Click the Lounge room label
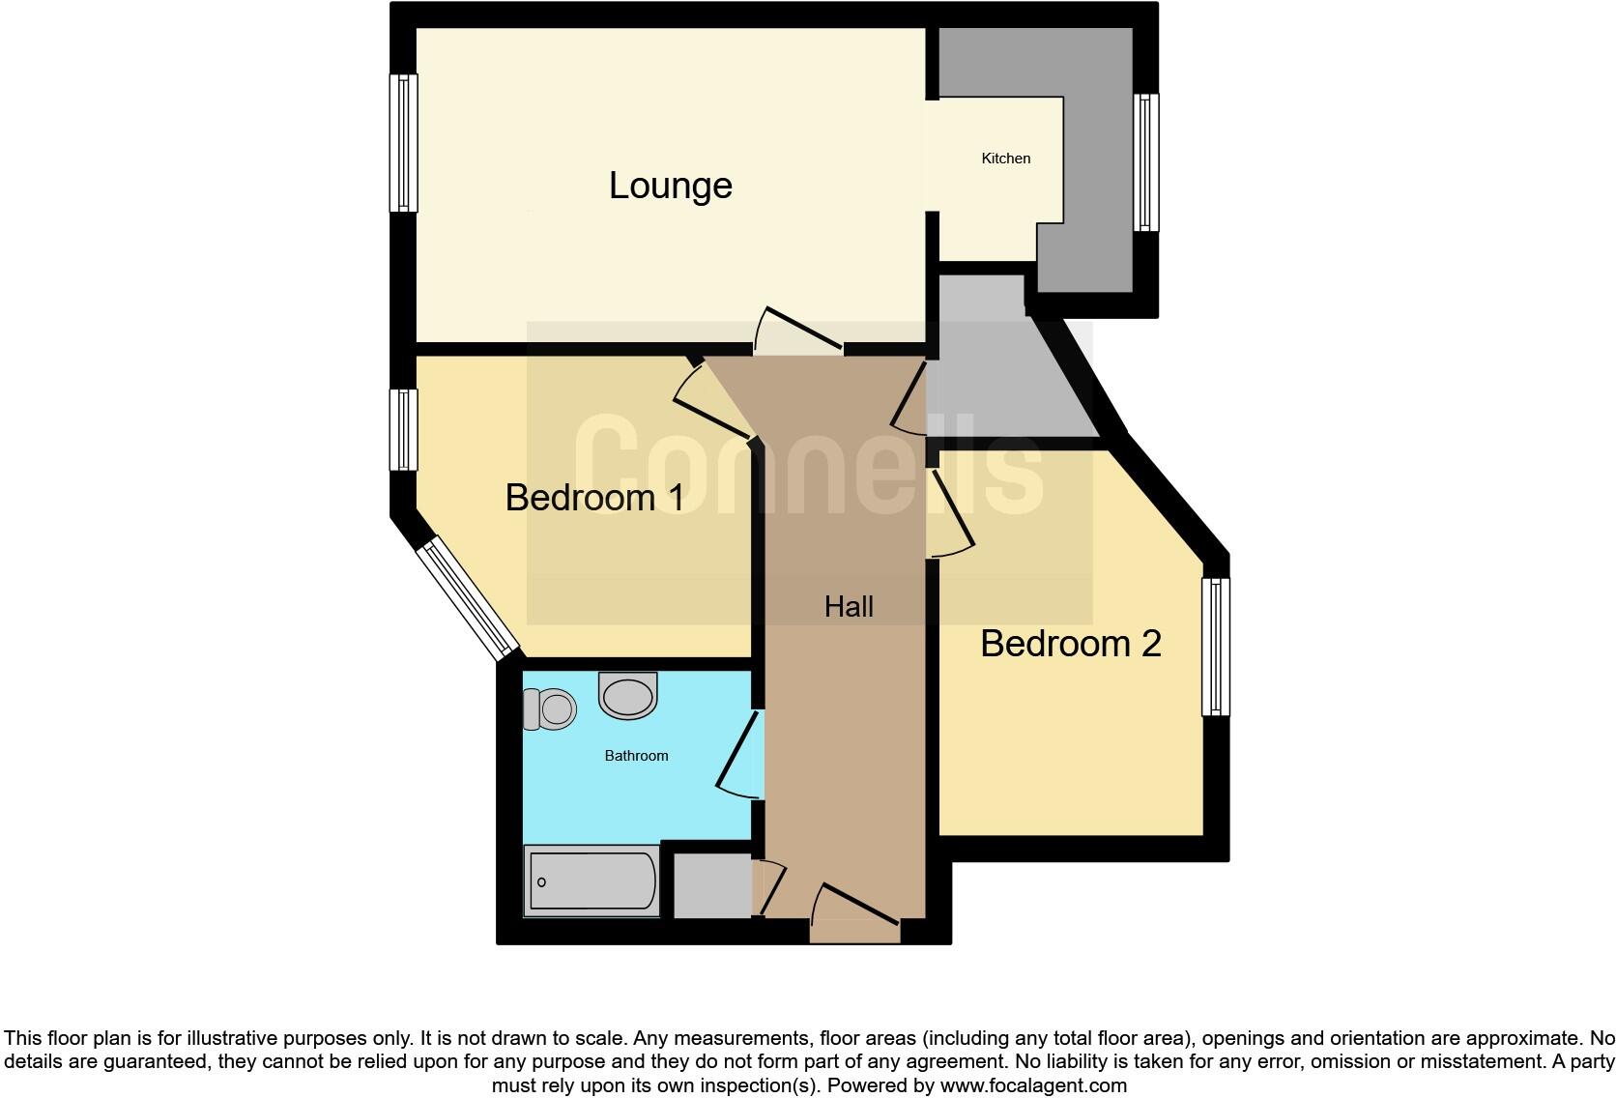(x=670, y=186)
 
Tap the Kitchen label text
(x=1006, y=159)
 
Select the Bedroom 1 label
(x=594, y=498)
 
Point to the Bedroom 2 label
(x=1070, y=644)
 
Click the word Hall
(x=849, y=607)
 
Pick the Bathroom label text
(x=636, y=756)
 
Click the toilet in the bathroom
(x=550, y=709)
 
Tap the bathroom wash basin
(x=628, y=695)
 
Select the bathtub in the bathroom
(x=592, y=881)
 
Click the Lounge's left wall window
(x=404, y=143)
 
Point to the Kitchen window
(x=1145, y=162)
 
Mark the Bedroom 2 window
(x=1216, y=647)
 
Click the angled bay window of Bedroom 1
(x=468, y=599)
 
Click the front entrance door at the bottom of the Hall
(x=855, y=912)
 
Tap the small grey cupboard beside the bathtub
(x=712, y=884)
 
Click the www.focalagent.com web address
(x=1032, y=1085)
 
